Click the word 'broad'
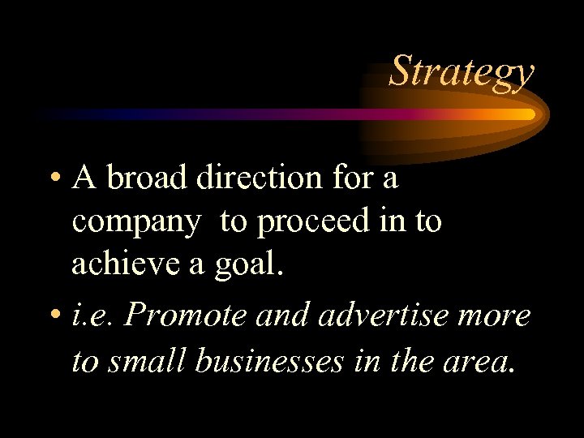pyautogui.click(x=144, y=178)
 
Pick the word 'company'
pyautogui.click(x=135, y=222)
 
